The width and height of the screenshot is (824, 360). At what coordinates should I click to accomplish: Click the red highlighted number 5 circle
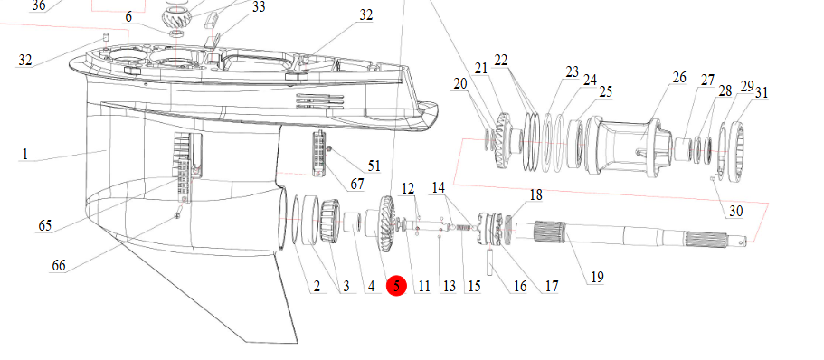[396, 286]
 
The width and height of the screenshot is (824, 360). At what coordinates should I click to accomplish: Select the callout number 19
[597, 277]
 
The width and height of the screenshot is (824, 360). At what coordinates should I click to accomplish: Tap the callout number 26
[679, 77]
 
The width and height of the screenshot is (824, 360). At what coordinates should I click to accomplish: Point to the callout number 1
[24, 154]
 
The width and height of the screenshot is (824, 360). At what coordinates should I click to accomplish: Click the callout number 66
[58, 265]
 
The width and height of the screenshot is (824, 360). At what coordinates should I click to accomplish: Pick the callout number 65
[45, 225]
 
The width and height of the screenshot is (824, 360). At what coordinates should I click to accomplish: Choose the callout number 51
[374, 166]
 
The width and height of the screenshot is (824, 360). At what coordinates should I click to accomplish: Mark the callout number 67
[357, 185]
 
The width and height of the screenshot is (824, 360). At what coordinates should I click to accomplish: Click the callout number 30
[735, 211]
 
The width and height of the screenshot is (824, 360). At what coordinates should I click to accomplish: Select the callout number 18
[535, 195]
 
